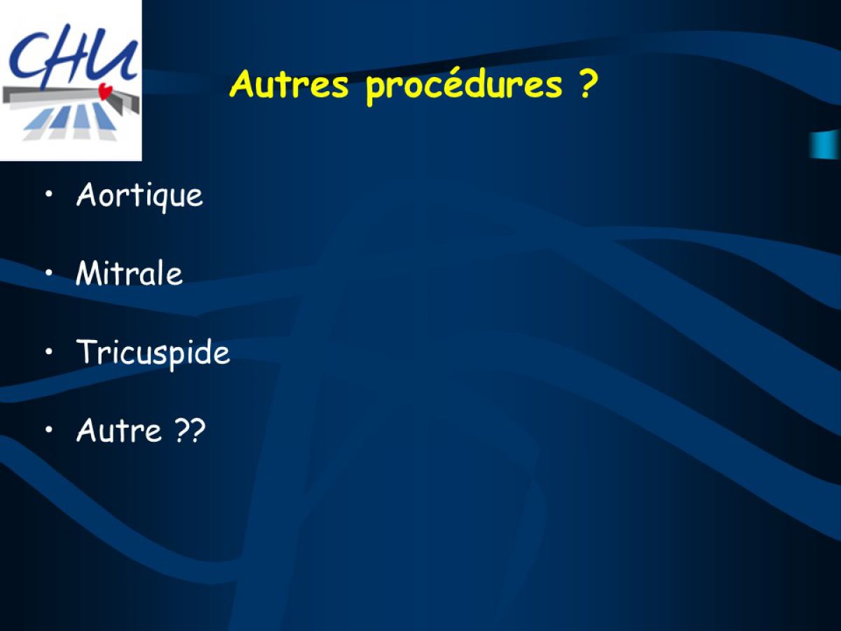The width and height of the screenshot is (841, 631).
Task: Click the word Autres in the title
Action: coord(289,84)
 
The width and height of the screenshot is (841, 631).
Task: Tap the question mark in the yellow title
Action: coord(585,83)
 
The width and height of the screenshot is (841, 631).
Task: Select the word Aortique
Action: coord(139,196)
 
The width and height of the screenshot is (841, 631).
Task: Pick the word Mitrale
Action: coord(129,273)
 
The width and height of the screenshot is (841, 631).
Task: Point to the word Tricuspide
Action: coord(153,353)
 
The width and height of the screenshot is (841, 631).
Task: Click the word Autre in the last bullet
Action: coord(119,430)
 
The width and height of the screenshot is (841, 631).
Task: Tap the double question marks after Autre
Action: coord(190,430)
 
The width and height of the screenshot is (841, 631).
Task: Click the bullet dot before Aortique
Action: coord(48,194)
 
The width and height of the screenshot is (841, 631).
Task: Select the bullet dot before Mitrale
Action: coord(48,273)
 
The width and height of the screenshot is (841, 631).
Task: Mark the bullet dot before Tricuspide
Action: coord(48,351)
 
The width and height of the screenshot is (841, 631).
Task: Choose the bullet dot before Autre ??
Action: coord(48,430)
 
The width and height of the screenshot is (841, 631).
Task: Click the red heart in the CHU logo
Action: coord(105,92)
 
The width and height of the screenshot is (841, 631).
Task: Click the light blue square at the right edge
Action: coord(825,144)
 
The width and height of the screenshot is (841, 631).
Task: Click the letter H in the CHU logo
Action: coord(71,55)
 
